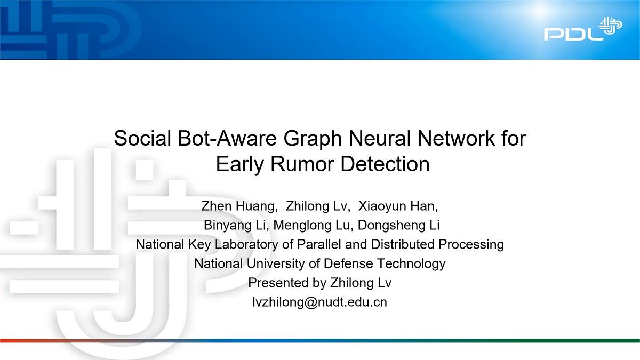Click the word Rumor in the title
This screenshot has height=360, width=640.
point(306,164)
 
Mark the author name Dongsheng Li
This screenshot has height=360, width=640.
point(399,225)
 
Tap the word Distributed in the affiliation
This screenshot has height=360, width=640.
point(403,244)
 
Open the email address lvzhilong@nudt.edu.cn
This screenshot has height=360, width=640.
point(320,302)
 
